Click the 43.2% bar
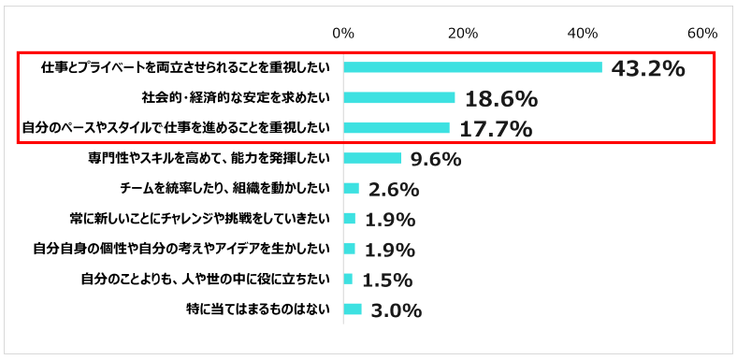(472, 67)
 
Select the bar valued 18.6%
(399, 97)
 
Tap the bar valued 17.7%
(397, 127)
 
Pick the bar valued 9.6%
(372, 158)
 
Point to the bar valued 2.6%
(352, 188)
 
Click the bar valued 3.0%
(353, 309)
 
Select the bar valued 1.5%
(349, 279)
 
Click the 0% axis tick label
(343, 33)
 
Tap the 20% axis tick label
(463, 33)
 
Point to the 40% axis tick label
(583, 33)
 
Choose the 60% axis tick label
(702, 33)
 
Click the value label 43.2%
(647, 69)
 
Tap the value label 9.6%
(436, 160)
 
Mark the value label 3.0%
(396, 310)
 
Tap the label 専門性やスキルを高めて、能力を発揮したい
(207, 158)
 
